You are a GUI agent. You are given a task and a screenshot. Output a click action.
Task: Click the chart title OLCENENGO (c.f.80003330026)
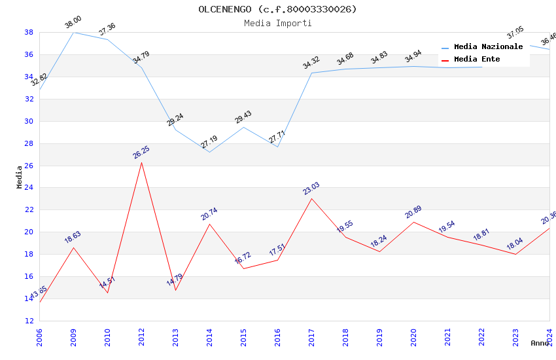[x=278, y=9]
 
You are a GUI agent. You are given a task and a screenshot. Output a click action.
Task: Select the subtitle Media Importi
[x=278, y=23]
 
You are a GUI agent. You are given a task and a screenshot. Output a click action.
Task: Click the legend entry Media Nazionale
[x=488, y=46]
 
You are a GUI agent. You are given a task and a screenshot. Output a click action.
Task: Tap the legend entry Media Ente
[x=477, y=59]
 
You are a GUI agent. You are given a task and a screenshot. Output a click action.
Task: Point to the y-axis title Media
[x=20, y=177]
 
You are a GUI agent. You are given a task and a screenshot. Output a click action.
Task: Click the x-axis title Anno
[x=540, y=343]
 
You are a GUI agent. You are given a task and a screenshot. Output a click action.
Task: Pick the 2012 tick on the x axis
[x=141, y=338]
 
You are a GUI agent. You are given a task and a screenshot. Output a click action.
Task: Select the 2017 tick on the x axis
[x=311, y=338]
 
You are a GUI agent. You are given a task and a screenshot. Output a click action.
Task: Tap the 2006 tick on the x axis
[x=39, y=338]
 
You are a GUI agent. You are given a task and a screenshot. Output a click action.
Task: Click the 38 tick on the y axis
[x=29, y=32]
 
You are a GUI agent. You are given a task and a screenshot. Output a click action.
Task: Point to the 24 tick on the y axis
[x=29, y=188]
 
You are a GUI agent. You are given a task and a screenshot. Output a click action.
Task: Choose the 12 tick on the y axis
[x=29, y=321]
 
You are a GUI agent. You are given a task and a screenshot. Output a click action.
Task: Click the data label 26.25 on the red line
[x=141, y=153]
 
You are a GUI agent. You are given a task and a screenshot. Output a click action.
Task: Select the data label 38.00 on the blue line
[x=73, y=23]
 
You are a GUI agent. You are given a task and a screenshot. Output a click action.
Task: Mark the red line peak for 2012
[x=141, y=162]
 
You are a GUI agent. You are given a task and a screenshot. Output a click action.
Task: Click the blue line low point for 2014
[x=209, y=152]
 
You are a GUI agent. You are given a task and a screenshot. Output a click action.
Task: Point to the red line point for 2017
[x=311, y=198]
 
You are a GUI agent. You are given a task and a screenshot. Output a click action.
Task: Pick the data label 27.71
[x=277, y=137]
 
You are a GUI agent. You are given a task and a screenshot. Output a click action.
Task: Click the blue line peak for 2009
[x=73, y=32]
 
